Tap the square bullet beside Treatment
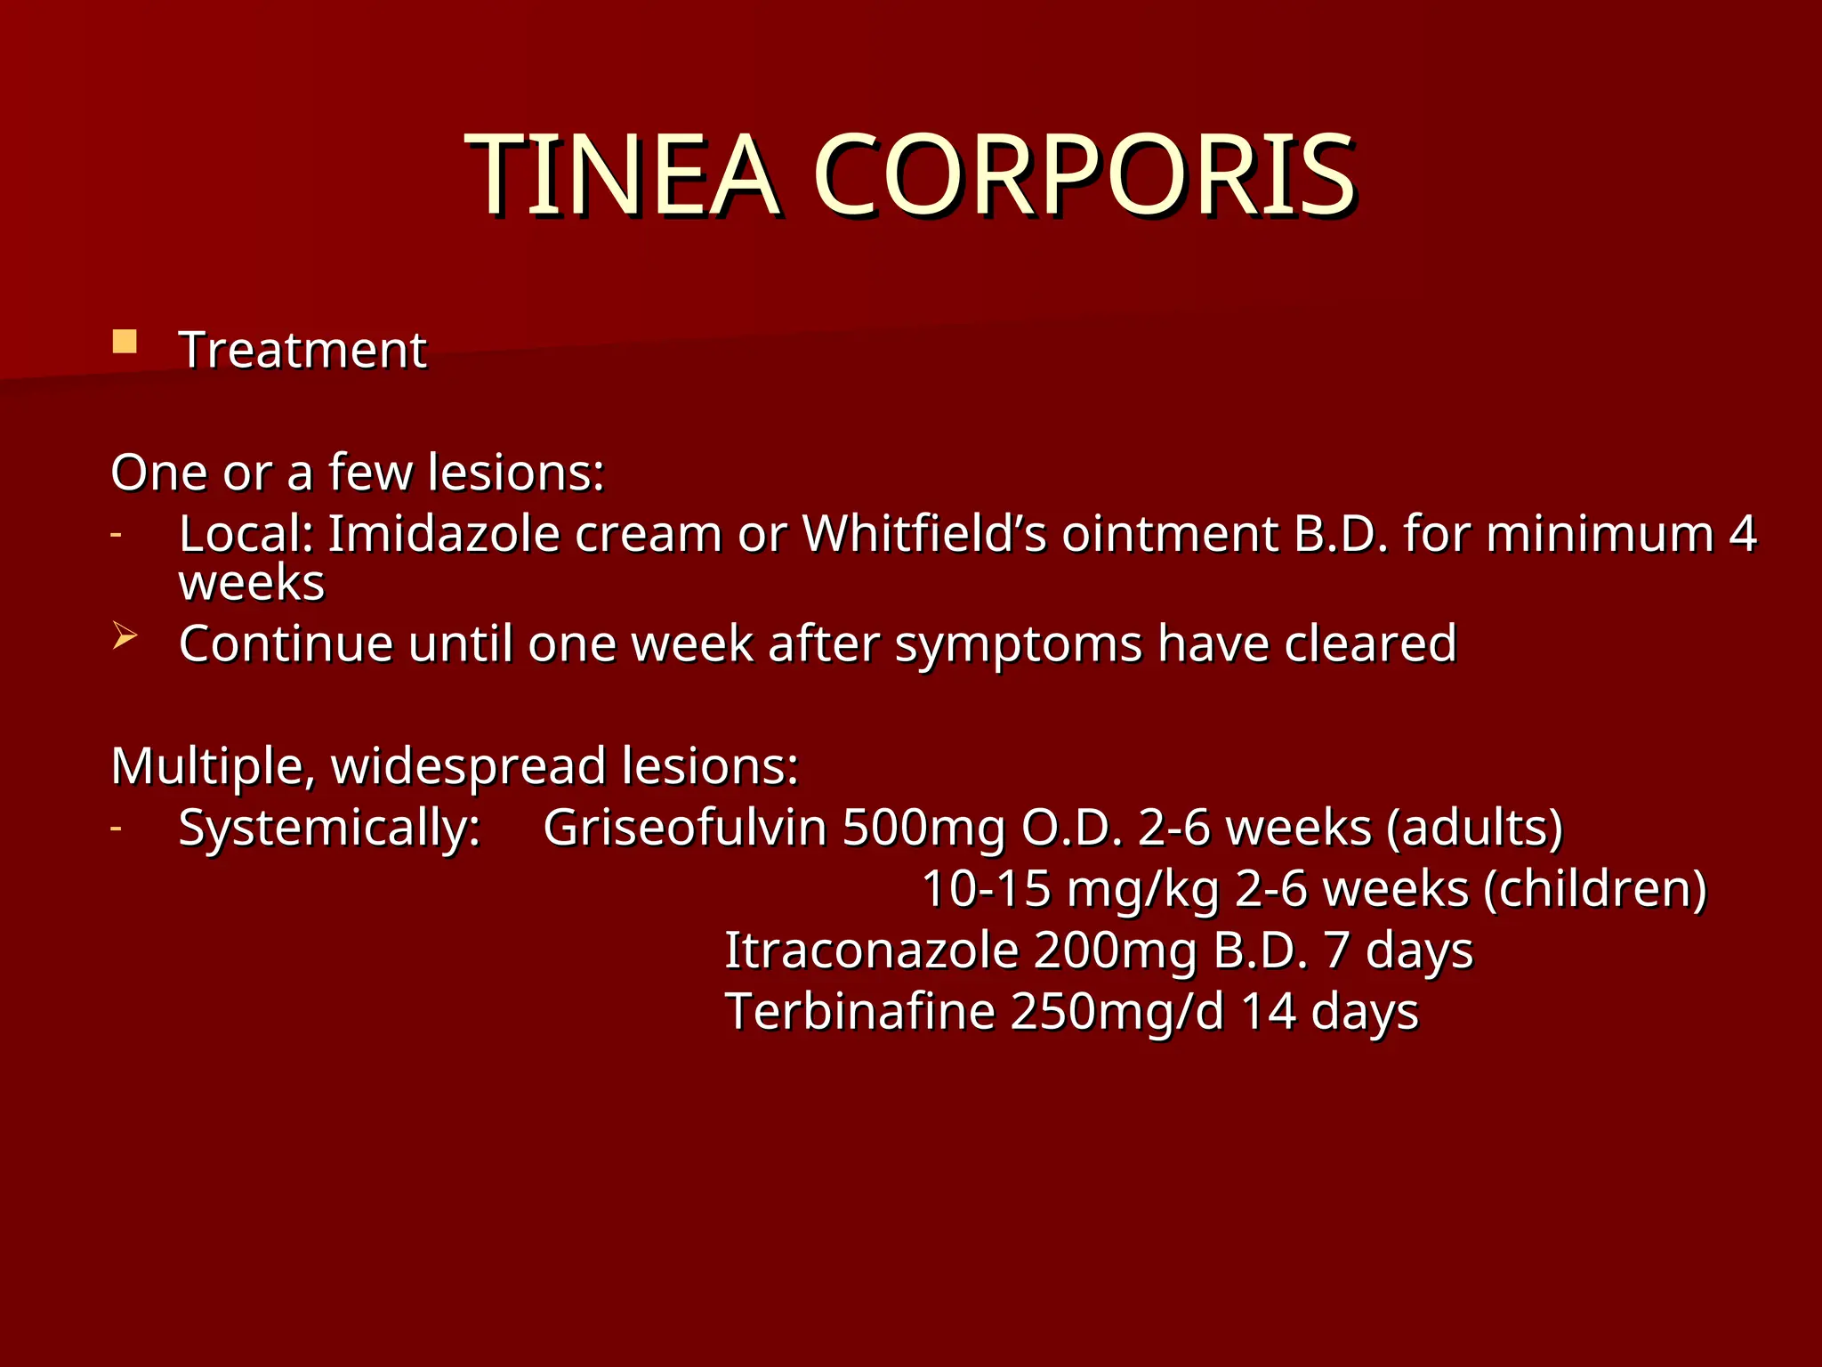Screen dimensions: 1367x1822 [125, 343]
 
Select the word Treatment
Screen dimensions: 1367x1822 [302, 350]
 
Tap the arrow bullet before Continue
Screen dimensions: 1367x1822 [125, 635]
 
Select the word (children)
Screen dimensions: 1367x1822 [1595, 888]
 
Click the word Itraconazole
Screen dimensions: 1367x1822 [871, 950]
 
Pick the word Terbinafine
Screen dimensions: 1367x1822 [859, 1011]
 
